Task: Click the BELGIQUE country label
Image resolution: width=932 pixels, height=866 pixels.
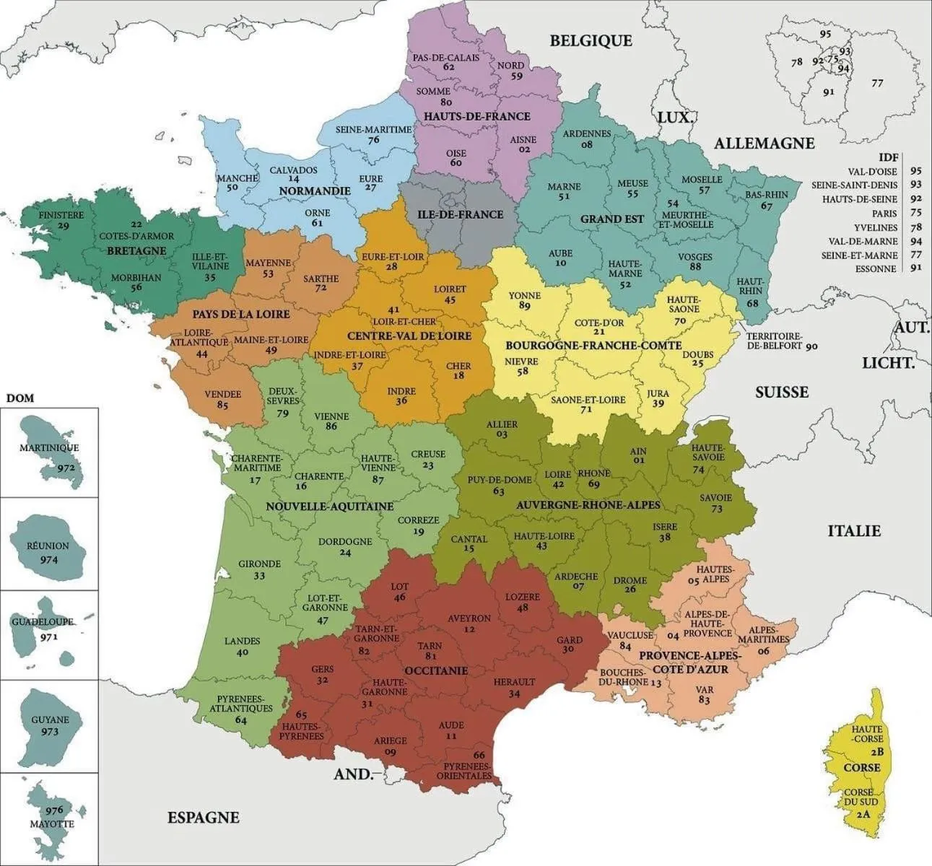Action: tap(591, 41)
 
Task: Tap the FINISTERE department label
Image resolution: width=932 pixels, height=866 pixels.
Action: tap(61, 214)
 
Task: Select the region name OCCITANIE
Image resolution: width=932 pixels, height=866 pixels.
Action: tap(436, 670)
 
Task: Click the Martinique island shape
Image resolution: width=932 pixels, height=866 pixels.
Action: tap(52, 451)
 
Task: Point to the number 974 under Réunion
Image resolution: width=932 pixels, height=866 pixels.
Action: tap(50, 560)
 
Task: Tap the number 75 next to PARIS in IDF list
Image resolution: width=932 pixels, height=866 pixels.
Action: tap(916, 213)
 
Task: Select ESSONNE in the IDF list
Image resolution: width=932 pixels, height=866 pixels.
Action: tap(876, 268)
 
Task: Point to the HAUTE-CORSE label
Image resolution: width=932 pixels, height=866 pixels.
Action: tap(866, 735)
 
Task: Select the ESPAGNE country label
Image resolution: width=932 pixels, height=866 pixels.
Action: tap(203, 818)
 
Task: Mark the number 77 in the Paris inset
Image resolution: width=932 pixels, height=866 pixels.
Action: tap(876, 83)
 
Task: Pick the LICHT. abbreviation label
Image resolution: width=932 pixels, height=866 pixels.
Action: tap(887, 363)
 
